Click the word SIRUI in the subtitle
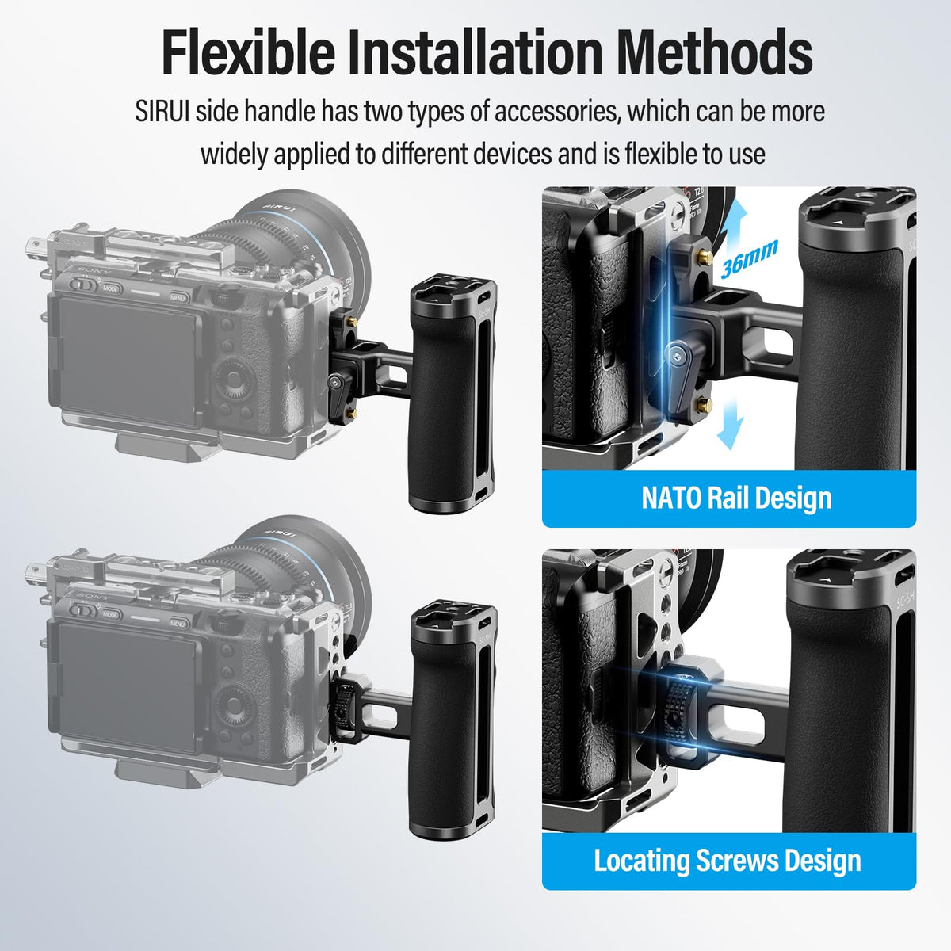point(162,112)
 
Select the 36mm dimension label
point(749,258)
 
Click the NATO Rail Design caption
point(736,498)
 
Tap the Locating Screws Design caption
point(728,861)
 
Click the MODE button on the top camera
point(110,288)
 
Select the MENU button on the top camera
point(178,298)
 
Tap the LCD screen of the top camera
point(129,360)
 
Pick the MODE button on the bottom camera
point(110,615)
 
